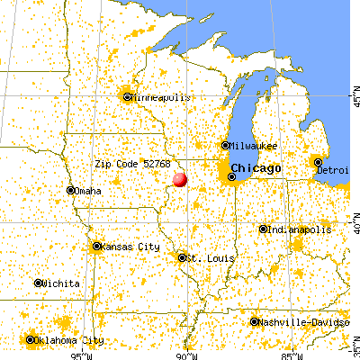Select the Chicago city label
click(256, 169)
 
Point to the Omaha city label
click(88, 191)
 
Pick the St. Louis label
click(211, 258)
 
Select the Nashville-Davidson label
click(301, 322)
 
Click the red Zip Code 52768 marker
click(180, 179)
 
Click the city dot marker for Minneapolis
click(128, 96)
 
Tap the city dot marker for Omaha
click(71, 191)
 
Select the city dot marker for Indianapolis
click(263, 229)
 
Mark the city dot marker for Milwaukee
click(225, 146)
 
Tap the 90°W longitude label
click(186, 354)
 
